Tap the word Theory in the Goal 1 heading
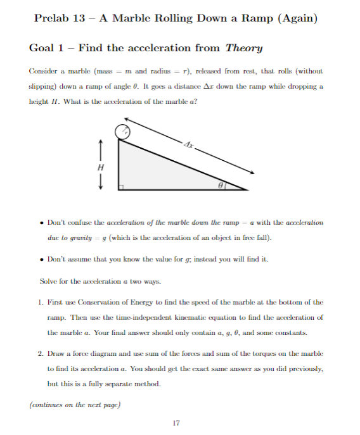pyautogui.click(x=244, y=48)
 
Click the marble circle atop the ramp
pyautogui.click(x=122, y=132)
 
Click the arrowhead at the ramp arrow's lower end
pyautogui.click(x=256, y=173)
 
